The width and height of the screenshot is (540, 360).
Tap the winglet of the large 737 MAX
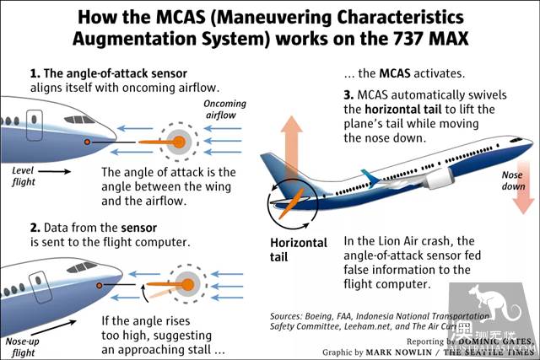pos(370,178)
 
